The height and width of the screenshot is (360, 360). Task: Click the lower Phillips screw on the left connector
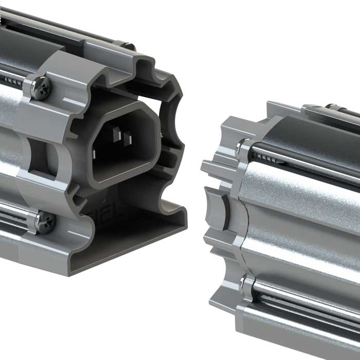(x=44, y=222)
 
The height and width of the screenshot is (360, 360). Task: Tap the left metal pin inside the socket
(x=116, y=135)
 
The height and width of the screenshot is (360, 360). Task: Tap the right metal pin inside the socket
(x=128, y=138)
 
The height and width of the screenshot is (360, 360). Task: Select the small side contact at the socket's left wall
(x=96, y=153)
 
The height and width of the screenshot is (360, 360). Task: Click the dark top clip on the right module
(x=329, y=111)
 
